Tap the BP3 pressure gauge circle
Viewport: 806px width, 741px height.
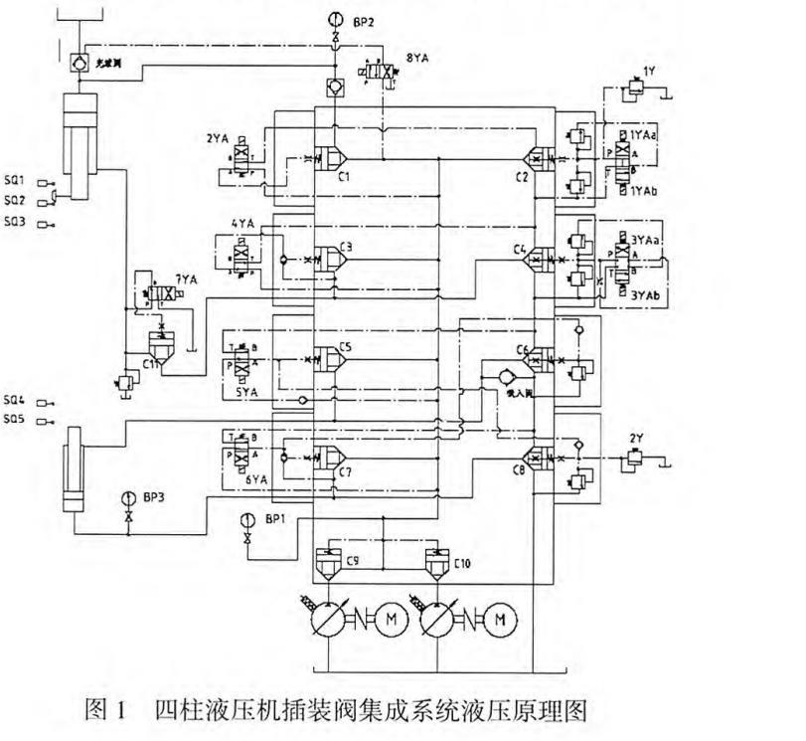click(127, 496)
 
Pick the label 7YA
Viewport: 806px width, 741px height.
click(185, 280)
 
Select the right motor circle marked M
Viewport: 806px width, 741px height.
click(499, 619)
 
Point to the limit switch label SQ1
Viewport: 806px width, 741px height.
click(14, 182)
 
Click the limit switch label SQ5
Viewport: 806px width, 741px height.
click(14, 421)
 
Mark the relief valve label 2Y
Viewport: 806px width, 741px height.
click(637, 438)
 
